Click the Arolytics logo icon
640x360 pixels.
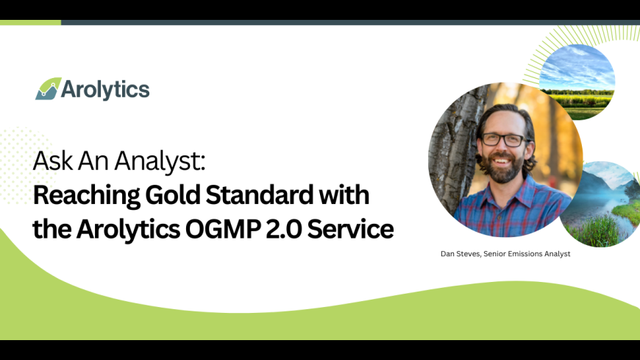click(48, 88)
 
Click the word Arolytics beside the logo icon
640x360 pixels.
click(105, 90)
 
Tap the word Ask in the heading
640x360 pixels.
click(53, 161)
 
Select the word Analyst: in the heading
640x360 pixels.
click(160, 162)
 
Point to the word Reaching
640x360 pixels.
click(87, 195)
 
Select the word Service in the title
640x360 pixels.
click(351, 229)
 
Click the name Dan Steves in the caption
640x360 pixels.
click(461, 254)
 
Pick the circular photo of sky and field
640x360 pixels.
click(577, 82)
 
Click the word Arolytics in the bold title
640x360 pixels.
click(128, 230)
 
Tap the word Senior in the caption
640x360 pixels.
click(494, 254)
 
